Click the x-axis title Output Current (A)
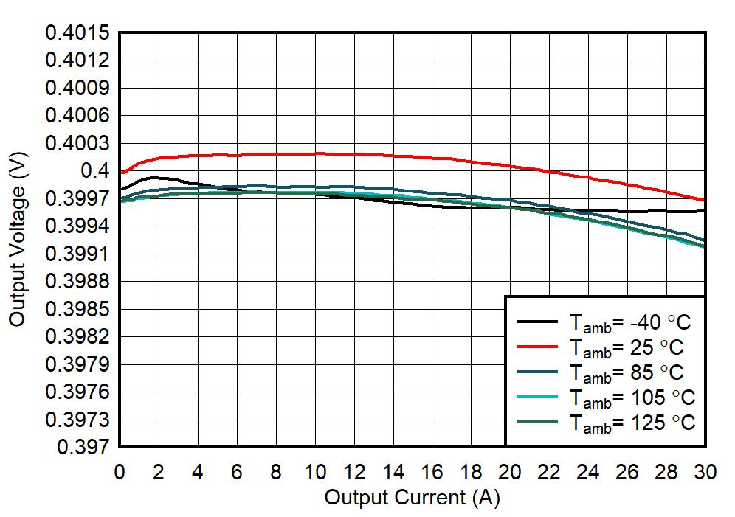(x=412, y=497)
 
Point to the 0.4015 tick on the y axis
(x=77, y=33)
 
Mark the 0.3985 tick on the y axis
(x=77, y=309)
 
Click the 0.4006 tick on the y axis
(x=77, y=116)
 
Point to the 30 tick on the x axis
(x=705, y=473)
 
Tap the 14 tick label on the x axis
(x=393, y=473)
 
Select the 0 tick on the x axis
(x=120, y=473)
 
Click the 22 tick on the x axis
(x=550, y=473)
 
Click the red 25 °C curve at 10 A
(x=315, y=153)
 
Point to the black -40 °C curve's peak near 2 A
(x=153, y=177)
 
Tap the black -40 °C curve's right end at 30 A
(x=705, y=211)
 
